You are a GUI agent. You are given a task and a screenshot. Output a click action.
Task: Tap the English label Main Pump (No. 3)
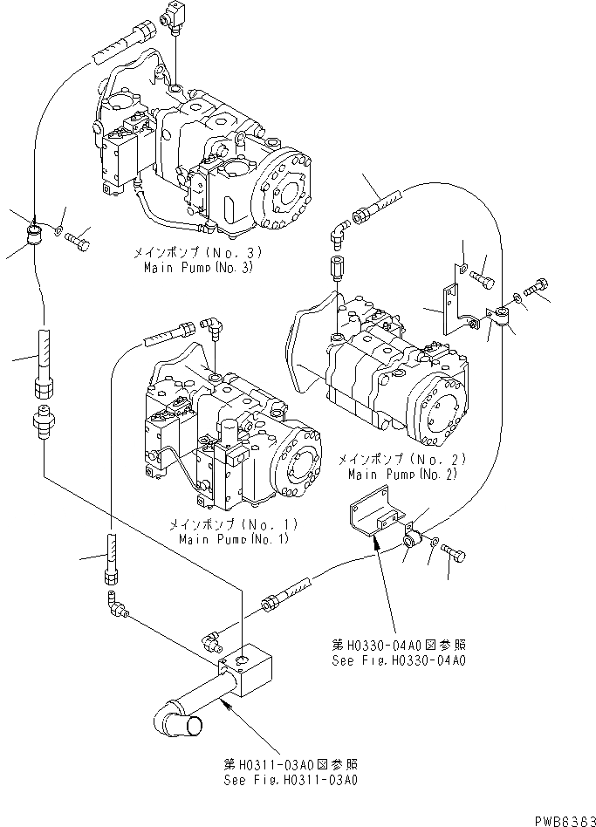point(198,267)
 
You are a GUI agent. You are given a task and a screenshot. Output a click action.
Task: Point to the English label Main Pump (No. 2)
point(401,475)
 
